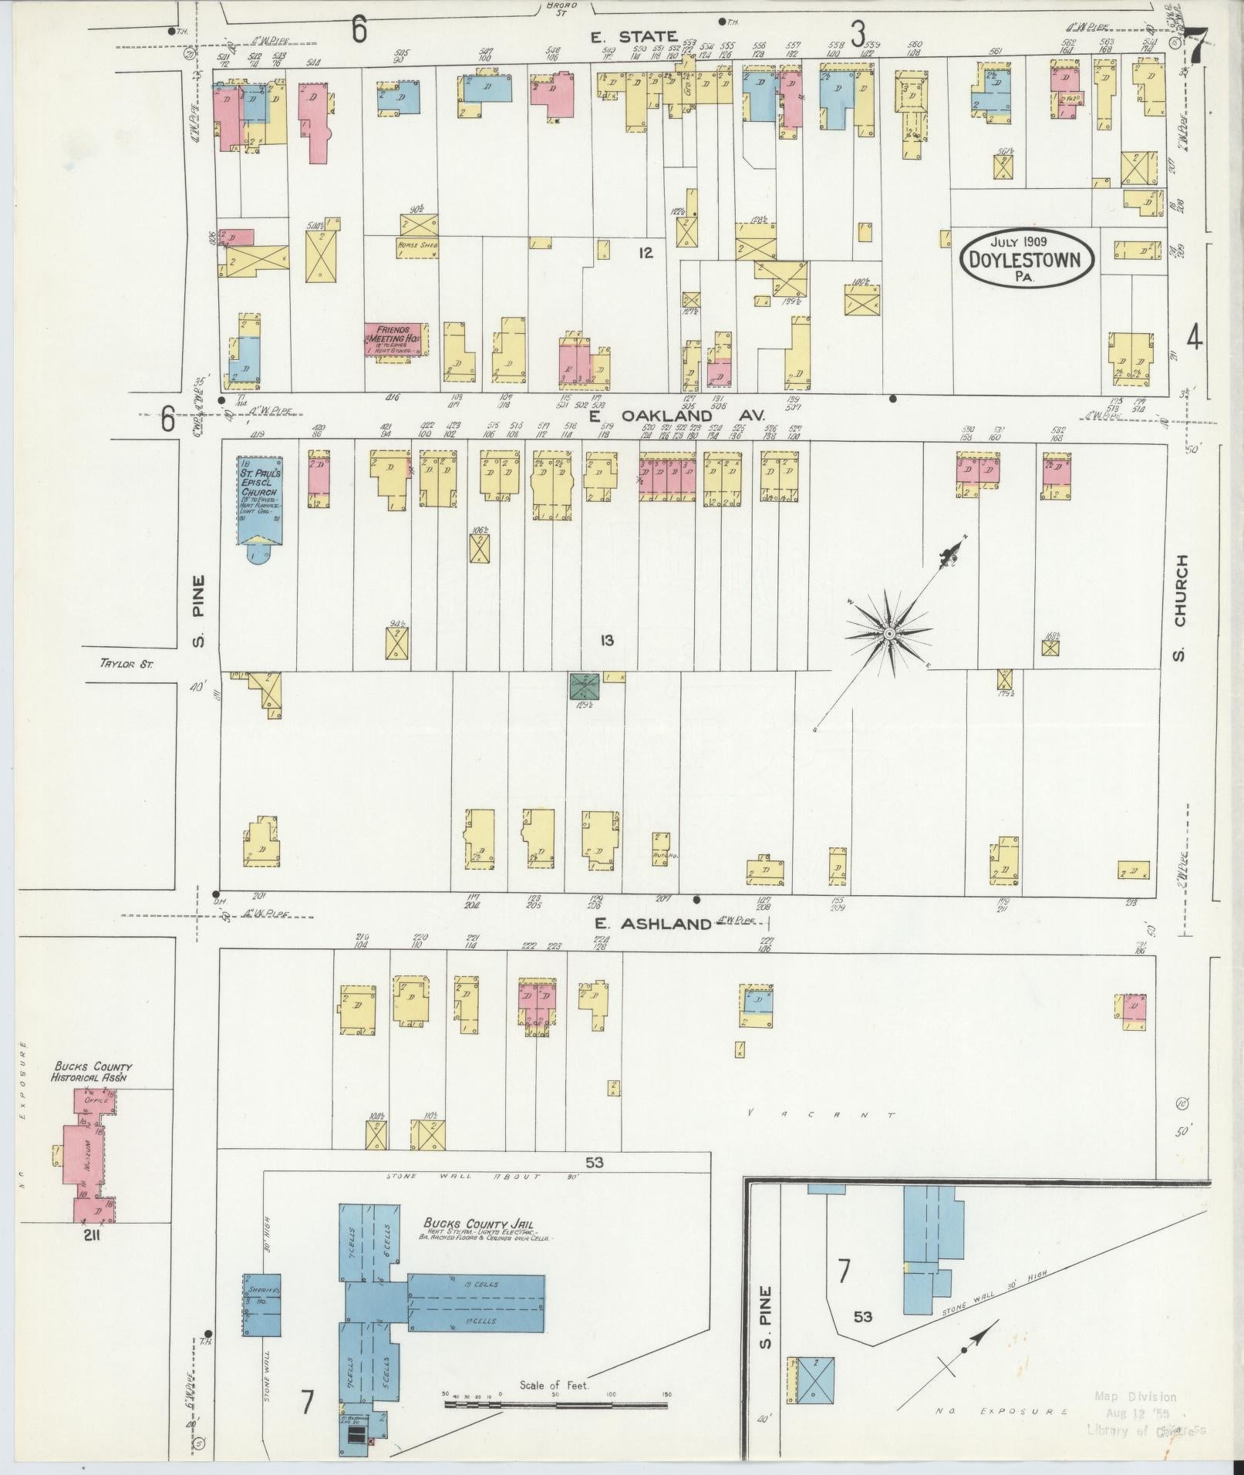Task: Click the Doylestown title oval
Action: click(x=1028, y=259)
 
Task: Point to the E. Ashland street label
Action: click(x=652, y=924)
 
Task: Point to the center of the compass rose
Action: click(x=888, y=633)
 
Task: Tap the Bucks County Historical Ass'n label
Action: click(x=92, y=1072)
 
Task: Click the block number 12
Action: click(x=646, y=252)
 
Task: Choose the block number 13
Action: click(x=607, y=639)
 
